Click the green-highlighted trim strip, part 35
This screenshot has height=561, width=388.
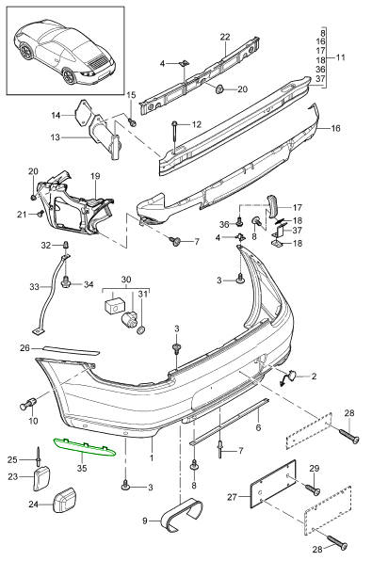(85, 448)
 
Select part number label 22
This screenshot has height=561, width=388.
(225, 37)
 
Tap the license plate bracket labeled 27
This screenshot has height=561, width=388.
(273, 484)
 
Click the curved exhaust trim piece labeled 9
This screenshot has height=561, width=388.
(183, 513)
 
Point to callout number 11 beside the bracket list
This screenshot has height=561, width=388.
(340, 57)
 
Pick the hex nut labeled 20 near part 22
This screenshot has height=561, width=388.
(219, 88)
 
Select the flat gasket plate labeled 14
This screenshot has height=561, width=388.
(84, 113)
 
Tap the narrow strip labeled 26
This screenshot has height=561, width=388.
(70, 349)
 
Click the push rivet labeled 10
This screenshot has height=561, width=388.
(28, 404)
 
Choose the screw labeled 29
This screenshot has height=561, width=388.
(313, 490)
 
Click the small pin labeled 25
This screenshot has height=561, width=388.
(38, 455)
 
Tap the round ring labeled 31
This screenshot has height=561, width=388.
(141, 330)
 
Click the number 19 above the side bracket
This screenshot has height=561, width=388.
(95, 176)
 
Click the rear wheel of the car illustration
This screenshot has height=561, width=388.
(68, 76)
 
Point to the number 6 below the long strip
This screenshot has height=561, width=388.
(258, 427)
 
